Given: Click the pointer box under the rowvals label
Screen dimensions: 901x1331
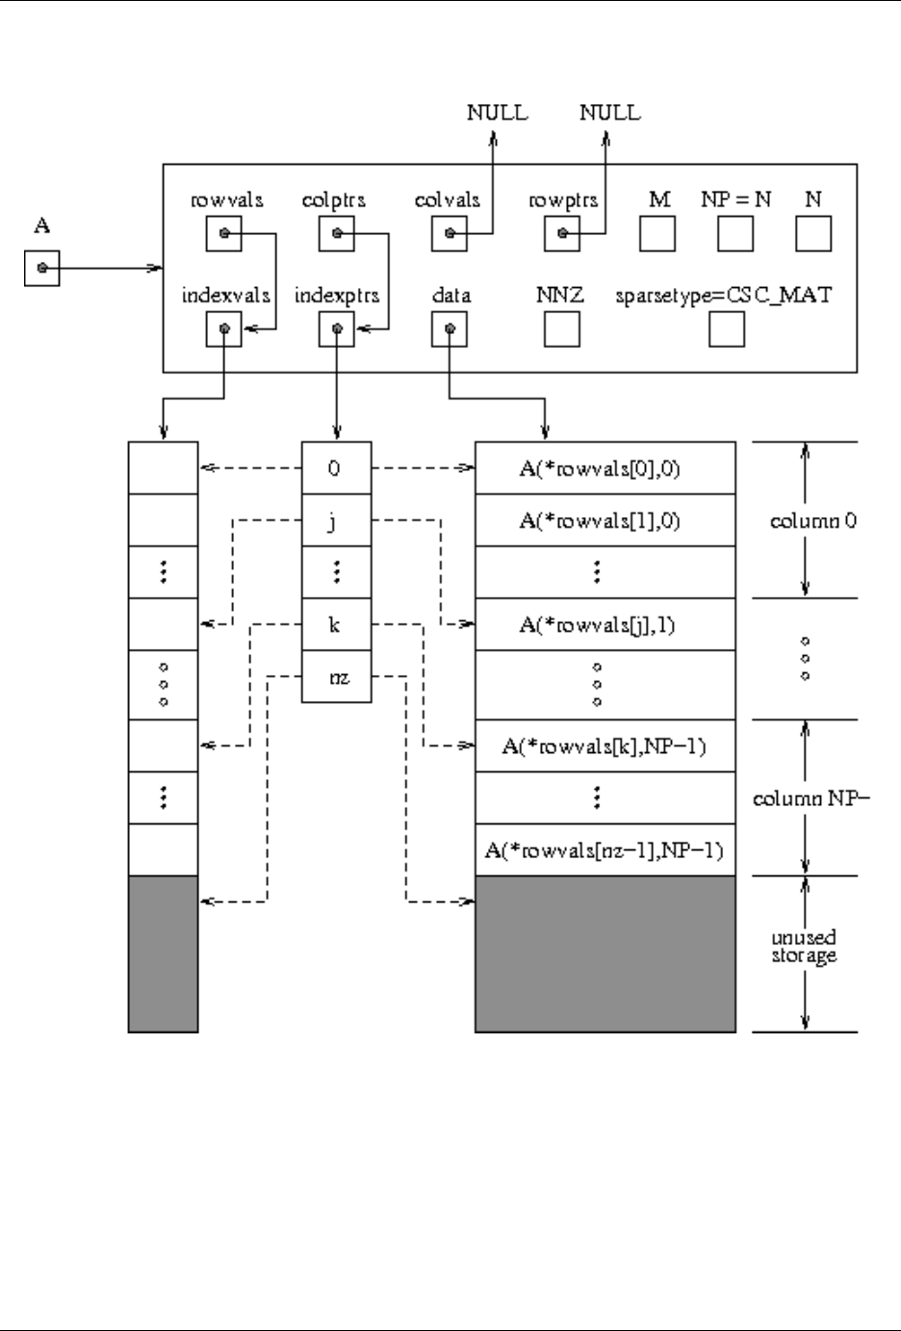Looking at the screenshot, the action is pos(224,233).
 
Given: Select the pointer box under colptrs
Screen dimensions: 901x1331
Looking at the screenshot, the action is pos(337,233).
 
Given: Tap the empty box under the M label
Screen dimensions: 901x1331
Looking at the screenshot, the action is pos(657,233).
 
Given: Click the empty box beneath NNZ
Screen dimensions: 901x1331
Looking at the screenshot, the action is pos(562,329).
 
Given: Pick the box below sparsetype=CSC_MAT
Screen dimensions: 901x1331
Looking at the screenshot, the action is pos(727,329).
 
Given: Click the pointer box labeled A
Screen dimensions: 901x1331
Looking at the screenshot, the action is pos(42,269).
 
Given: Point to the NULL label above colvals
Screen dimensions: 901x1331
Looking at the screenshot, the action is pos(498,113).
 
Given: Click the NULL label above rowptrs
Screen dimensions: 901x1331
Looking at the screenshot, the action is pos(610,113).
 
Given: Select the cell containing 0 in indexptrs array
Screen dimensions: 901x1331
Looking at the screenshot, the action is pos(337,468).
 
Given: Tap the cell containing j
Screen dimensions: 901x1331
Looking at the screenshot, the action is pos(337,520).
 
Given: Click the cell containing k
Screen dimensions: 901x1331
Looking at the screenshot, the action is pos(337,624).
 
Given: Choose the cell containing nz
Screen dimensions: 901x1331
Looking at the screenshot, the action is pos(337,677).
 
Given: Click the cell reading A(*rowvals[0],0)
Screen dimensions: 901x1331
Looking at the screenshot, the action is pos(605,468).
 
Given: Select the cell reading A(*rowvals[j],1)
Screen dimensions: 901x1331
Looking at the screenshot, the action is pos(605,624).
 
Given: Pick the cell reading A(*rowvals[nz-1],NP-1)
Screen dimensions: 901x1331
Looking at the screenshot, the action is pos(605,849).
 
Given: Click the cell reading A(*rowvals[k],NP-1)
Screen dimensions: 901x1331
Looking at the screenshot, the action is pos(605,745).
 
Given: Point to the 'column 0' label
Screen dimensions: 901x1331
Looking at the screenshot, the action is pos(813,521).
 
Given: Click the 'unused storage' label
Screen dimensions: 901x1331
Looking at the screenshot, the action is pos(804,947).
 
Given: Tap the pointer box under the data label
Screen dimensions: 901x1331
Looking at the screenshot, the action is pos(450,329).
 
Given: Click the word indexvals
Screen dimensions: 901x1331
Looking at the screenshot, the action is pos(225,296).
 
